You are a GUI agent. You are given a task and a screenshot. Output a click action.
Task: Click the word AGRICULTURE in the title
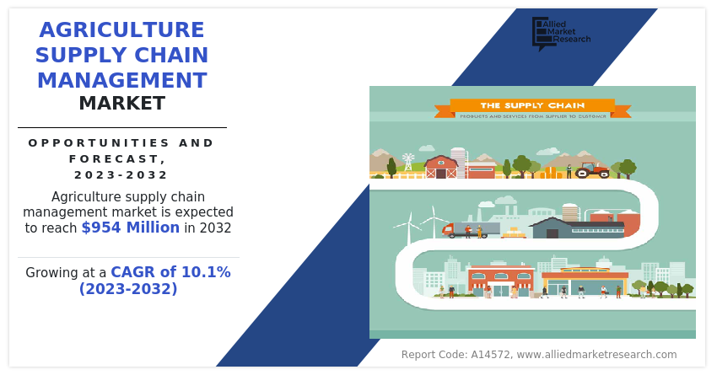(x=121, y=30)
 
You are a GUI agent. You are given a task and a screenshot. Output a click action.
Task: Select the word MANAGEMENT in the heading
(x=121, y=81)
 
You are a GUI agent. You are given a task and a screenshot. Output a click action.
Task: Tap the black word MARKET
(x=121, y=104)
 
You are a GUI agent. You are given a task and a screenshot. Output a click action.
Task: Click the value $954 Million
(x=130, y=228)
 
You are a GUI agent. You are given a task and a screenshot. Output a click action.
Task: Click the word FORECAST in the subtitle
(x=115, y=158)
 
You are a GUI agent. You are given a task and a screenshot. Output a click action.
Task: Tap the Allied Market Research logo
(x=560, y=33)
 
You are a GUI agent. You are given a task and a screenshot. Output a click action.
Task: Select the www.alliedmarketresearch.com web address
(x=596, y=355)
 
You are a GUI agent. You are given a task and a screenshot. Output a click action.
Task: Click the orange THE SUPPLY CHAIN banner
(x=532, y=106)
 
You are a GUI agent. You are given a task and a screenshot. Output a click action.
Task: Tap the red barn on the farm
(x=440, y=167)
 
